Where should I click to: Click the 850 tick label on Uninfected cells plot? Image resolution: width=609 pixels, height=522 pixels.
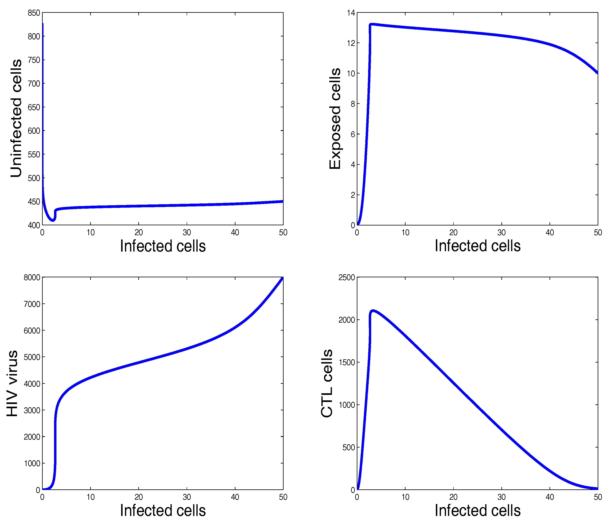pyautogui.click(x=34, y=13)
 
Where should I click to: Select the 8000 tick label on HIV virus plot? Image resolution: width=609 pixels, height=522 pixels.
pyautogui.click(x=32, y=278)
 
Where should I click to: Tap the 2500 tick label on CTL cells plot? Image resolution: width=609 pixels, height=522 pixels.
pyautogui.click(x=347, y=278)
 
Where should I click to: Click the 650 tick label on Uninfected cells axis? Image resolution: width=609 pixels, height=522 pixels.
pyautogui.click(x=34, y=107)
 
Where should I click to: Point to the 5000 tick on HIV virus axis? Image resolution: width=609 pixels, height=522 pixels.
pyautogui.click(x=32, y=357)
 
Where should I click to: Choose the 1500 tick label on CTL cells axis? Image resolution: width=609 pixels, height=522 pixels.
pyautogui.click(x=347, y=363)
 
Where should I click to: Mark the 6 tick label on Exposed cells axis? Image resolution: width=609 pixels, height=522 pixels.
pyautogui.click(x=353, y=134)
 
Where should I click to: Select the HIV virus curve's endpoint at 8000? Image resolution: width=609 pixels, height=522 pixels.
pyautogui.click(x=283, y=278)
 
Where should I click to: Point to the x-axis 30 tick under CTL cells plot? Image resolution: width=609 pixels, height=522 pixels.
pyautogui.click(x=501, y=497)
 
